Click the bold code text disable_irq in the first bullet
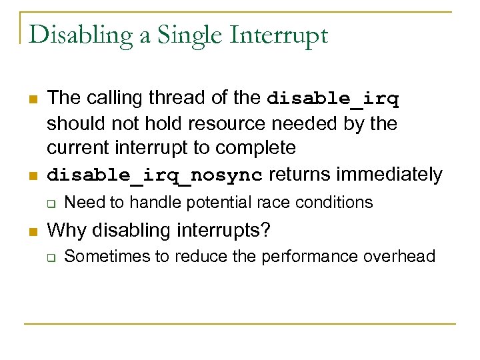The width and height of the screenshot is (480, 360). [333, 99]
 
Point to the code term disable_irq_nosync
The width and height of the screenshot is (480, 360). [155, 176]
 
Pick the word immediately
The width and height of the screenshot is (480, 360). [389, 175]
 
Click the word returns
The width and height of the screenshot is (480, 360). [299, 175]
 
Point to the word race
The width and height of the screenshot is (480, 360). [255, 202]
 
